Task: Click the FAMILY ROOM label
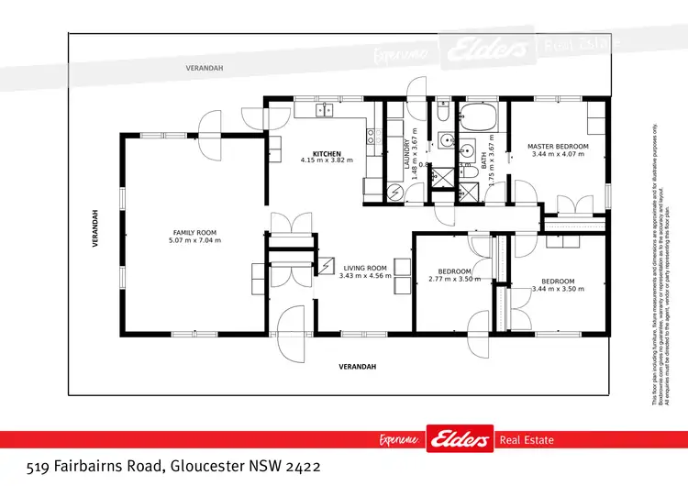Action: click(x=194, y=233)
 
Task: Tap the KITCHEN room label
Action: click(x=327, y=153)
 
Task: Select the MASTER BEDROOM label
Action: click(x=557, y=147)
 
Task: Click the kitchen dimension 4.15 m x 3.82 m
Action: click(x=327, y=160)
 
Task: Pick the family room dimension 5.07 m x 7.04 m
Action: click(x=194, y=240)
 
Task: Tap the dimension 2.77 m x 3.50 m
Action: click(x=454, y=279)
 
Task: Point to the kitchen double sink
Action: click(x=325, y=111)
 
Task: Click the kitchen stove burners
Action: click(x=372, y=138)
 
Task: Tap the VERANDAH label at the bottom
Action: click(x=358, y=367)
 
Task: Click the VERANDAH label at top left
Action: click(x=205, y=69)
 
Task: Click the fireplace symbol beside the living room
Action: click(x=327, y=266)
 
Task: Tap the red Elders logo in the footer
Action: click(x=458, y=440)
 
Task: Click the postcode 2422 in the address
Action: click(x=301, y=466)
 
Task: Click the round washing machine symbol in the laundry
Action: click(x=394, y=192)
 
